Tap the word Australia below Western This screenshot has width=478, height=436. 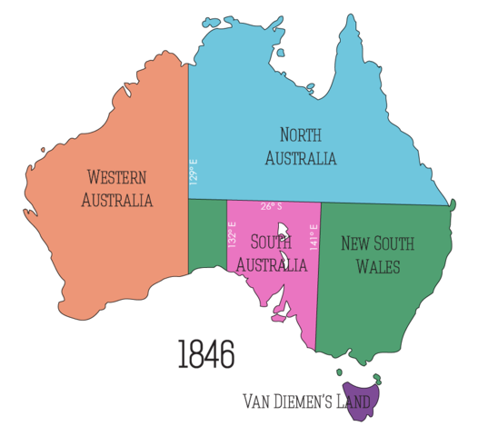coord(116,200)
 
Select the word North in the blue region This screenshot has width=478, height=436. coord(300,136)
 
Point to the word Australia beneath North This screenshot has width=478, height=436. coord(301,158)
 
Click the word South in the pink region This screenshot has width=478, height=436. coord(270,243)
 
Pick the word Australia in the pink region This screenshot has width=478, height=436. coord(272,264)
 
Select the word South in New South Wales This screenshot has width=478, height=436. coord(395,243)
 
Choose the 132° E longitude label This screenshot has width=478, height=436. coord(233,235)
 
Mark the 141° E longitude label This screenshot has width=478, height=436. coord(314,238)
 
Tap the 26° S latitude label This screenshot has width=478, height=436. coord(271,206)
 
